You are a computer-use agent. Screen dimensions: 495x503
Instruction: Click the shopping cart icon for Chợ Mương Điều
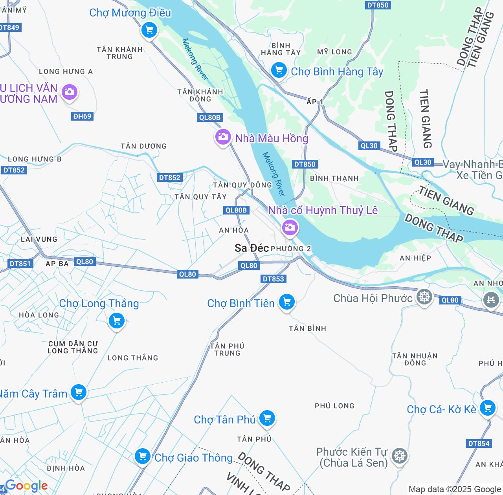(149, 29)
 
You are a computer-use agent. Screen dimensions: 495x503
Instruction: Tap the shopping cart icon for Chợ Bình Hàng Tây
(279, 71)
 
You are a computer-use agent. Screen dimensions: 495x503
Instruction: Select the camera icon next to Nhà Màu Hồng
(223, 137)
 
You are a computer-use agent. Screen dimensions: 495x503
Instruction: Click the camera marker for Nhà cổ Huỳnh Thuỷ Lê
(290, 227)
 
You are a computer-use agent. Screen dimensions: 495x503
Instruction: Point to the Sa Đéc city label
(251, 248)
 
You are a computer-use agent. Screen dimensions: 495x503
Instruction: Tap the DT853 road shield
(273, 279)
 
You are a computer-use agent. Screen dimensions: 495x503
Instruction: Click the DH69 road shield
(82, 116)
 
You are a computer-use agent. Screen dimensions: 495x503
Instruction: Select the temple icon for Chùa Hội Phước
(424, 297)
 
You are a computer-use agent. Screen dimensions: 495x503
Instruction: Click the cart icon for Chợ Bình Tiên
(287, 302)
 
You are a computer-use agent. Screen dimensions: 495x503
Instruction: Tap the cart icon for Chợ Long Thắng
(117, 321)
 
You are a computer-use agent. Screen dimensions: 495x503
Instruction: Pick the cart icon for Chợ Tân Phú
(267, 418)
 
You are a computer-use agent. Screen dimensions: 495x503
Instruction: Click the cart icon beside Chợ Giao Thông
(142, 456)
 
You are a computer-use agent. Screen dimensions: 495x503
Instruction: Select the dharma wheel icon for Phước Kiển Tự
(399, 456)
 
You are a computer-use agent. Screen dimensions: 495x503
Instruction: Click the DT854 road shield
(479, 444)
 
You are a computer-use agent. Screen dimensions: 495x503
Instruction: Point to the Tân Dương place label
(143, 146)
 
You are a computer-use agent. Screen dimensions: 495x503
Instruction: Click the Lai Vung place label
(39, 239)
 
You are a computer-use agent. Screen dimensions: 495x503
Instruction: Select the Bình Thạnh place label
(334, 178)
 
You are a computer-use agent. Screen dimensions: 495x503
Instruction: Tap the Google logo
(26, 486)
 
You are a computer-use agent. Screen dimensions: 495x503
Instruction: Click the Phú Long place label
(334, 406)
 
